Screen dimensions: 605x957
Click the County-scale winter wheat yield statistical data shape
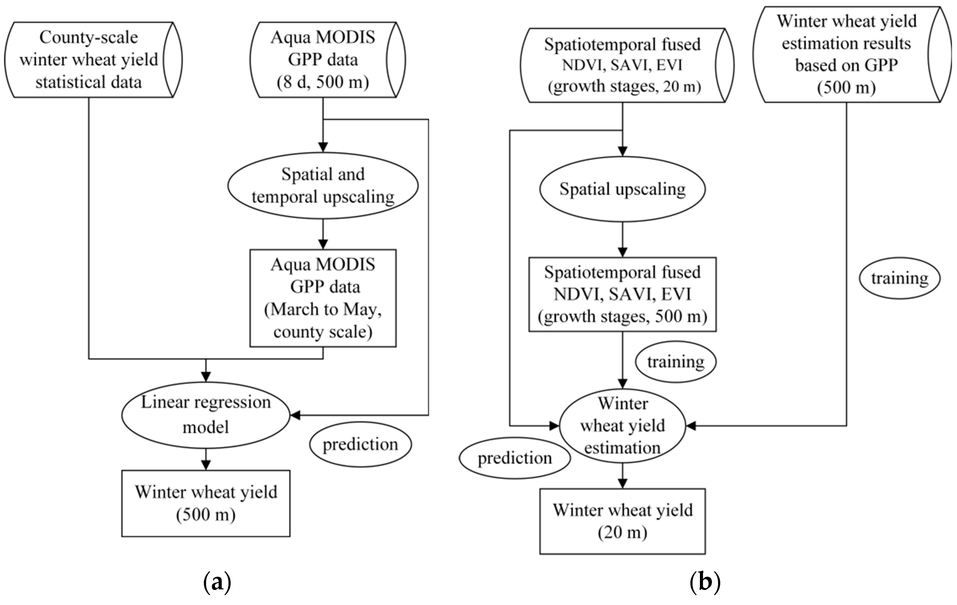[88, 60]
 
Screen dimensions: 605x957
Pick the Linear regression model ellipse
[205, 415]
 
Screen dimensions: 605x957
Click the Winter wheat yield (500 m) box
[205, 503]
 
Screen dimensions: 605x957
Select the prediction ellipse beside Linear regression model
[360, 444]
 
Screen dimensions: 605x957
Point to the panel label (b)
[705, 582]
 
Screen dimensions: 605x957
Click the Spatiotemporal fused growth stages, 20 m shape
[622, 65]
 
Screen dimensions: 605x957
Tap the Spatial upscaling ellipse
[622, 189]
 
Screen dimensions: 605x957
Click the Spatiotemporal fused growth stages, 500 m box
[622, 294]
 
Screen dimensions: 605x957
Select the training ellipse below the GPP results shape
[899, 278]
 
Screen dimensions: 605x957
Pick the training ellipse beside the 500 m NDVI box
[675, 362]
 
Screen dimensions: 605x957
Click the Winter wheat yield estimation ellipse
[622, 426]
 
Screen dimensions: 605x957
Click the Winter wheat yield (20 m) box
[622, 521]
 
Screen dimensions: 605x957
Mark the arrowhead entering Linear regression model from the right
[295, 415]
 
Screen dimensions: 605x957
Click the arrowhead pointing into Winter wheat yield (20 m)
[622, 483]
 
